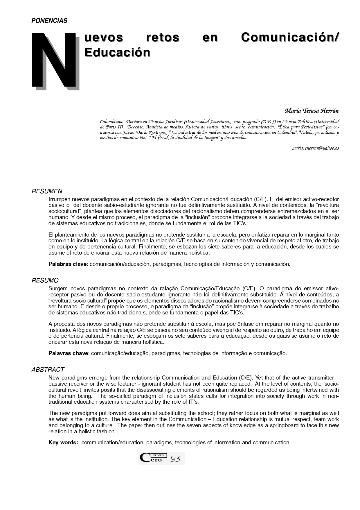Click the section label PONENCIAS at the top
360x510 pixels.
pyautogui.click(x=49, y=21)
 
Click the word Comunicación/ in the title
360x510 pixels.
pyautogui.click(x=290, y=37)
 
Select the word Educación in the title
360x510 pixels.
pyautogui.click(x=117, y=52)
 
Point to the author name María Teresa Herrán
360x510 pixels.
pyautogui.click(x=312, y=111)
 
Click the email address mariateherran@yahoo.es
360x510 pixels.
pyautogui.click(x=315, y=148)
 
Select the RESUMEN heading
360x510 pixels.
pyautogui.click(x=47, y=191)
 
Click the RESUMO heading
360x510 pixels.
pyautogui.click(x=45, y=280)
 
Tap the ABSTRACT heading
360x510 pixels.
pyautogui.click(x=48, y=370)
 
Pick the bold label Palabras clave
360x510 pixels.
pyautogui.click(x=68, y=264)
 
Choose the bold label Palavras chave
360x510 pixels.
pyautogui.click(x=68, y=353)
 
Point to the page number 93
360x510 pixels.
pyautogui.click(x=175, y=459)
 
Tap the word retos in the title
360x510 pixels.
pyautogui.click(x=163, y=37)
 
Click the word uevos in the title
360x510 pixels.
pyautogui.click(x=104, y=37)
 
